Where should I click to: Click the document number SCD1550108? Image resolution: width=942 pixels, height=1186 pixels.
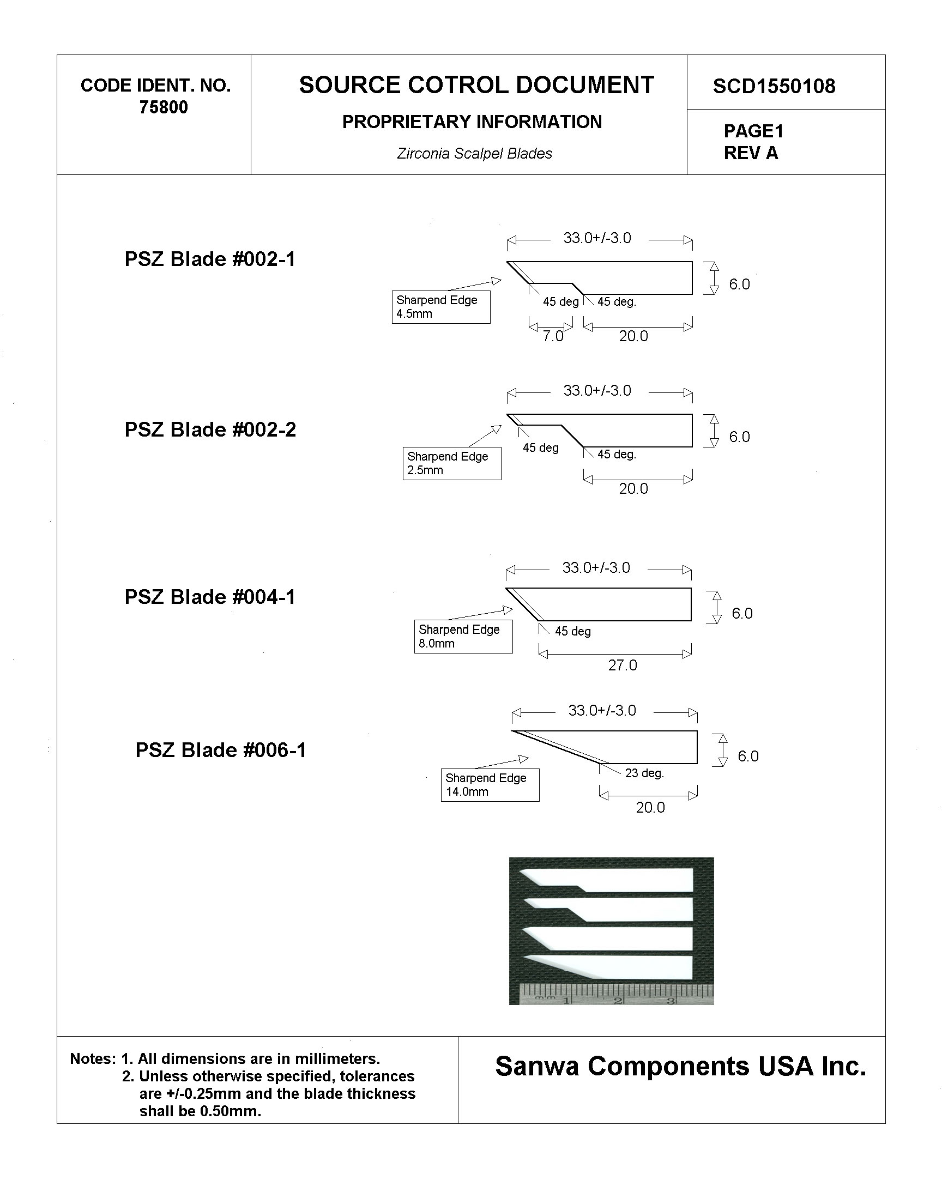coord(774,86)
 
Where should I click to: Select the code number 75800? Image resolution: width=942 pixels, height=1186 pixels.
coord(164,107)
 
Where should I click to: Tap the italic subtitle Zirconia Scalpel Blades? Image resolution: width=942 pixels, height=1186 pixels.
coord(474,154)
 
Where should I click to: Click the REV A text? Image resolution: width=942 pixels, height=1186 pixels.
coord(751,153)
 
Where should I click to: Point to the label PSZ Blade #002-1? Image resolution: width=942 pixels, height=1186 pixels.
coord(210,259)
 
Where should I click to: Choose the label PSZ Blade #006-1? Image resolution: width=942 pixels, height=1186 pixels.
coord(221,751)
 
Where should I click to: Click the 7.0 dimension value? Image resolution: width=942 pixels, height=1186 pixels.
coord(552,336)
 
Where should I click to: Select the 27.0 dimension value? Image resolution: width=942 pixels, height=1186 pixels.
coord(623,665)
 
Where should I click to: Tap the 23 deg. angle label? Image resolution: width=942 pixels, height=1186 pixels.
coord(644,773)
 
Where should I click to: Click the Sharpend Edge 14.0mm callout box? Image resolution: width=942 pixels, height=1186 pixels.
coord(490,785)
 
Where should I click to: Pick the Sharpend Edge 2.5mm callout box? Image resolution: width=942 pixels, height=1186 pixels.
coord(452,463)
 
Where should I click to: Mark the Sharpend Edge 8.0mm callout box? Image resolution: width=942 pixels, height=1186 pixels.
coord(463,637)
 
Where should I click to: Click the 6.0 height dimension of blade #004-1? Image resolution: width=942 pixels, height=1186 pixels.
coord(742,613)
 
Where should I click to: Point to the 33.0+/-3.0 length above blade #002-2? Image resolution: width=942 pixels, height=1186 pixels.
coord(597,391)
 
